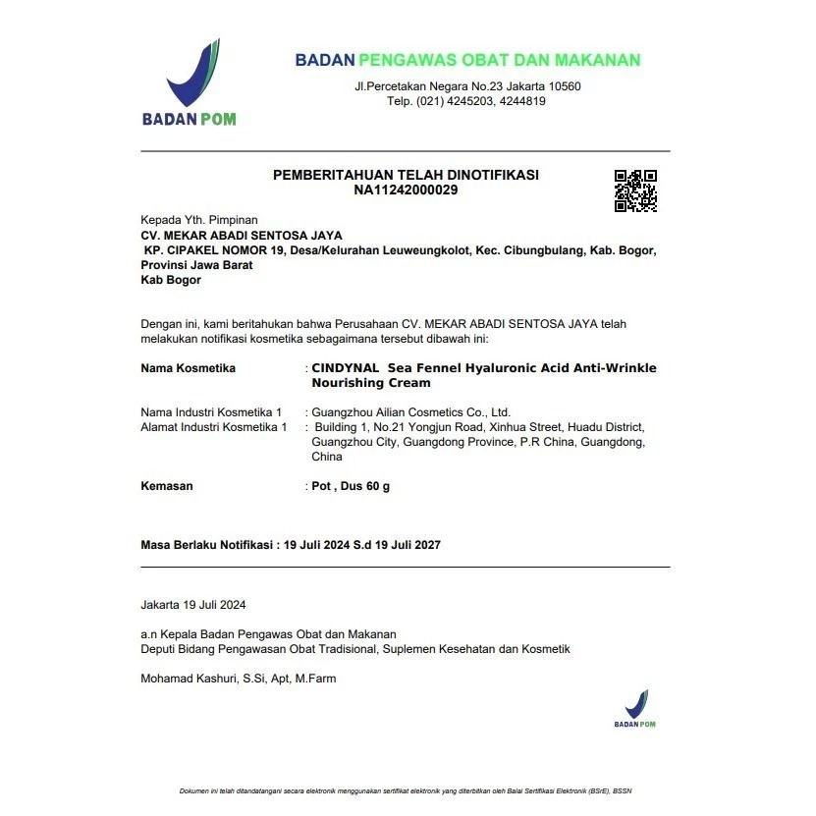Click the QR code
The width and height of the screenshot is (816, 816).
point(635,190)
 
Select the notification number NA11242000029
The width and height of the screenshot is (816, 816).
point(406,190)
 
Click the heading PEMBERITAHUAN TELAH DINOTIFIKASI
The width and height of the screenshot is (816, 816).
point(406,175)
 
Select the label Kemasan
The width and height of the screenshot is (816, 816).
point(167,486)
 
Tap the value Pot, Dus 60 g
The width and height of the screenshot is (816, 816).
point(351,486)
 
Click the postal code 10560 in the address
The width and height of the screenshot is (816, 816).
point(564,86)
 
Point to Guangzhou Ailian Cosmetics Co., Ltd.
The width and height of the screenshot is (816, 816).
point(410,412)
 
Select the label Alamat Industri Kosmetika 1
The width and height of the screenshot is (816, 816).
point(214,427)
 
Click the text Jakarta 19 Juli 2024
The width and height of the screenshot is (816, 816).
point(193,605)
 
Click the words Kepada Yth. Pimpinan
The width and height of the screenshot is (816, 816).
point(199,220)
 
